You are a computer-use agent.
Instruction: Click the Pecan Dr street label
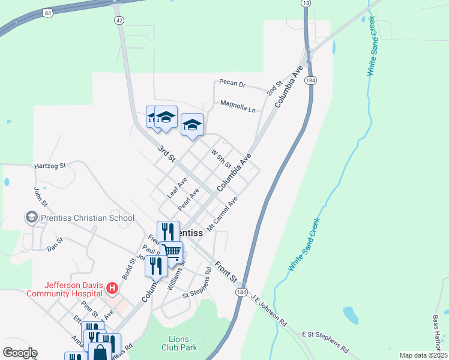(x=233, y=83)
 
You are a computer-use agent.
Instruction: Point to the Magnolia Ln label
(x=238, y=106)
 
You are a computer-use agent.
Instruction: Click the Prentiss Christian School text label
(x=88, y=217)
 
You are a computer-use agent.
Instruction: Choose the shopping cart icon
(x=172, y=252)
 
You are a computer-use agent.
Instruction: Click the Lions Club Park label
(x=179, y=343)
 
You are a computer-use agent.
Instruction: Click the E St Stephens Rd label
(x=325, y=341)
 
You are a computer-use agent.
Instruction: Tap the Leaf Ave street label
(x=177, y=187)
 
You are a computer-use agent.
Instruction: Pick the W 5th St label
(x=221, y=159)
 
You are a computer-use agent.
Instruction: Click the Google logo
(x=20, y=353)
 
